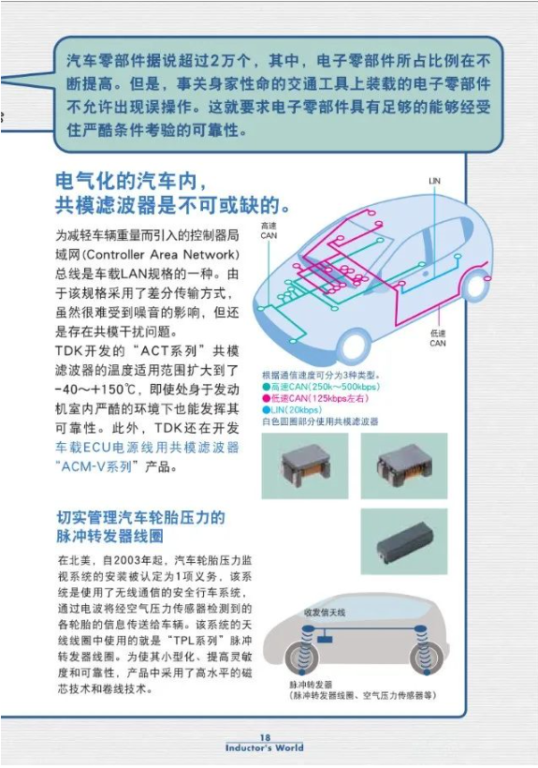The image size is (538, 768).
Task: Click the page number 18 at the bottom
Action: (x=265, y=737)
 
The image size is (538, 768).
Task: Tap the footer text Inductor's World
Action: (x=264, y=748)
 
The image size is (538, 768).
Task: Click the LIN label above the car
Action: (x=434, y=181)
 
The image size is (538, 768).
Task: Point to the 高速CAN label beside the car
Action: (x=269, y=230)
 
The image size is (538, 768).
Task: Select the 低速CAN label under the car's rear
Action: (x=437, y=338)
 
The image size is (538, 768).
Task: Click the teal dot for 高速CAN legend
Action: (x=266, y=387)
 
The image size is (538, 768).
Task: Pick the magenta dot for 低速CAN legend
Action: (x=266, y=399)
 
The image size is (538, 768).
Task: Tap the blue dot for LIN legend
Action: (x=266, y=410)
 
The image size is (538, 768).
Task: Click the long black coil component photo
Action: (x=404, y=541)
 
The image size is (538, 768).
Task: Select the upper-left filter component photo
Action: (x=305, y=465)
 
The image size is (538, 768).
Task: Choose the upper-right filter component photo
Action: (x=404, y=465)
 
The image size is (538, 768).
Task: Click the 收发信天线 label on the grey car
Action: (x=325, y=613)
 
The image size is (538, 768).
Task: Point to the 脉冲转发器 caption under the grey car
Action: (x=311, y=685)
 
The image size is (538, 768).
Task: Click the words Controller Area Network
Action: (x=162, y=255)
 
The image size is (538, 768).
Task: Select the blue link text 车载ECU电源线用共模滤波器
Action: (x=147, y=447)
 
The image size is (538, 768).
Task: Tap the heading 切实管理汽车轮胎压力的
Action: (x=141, y=517)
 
